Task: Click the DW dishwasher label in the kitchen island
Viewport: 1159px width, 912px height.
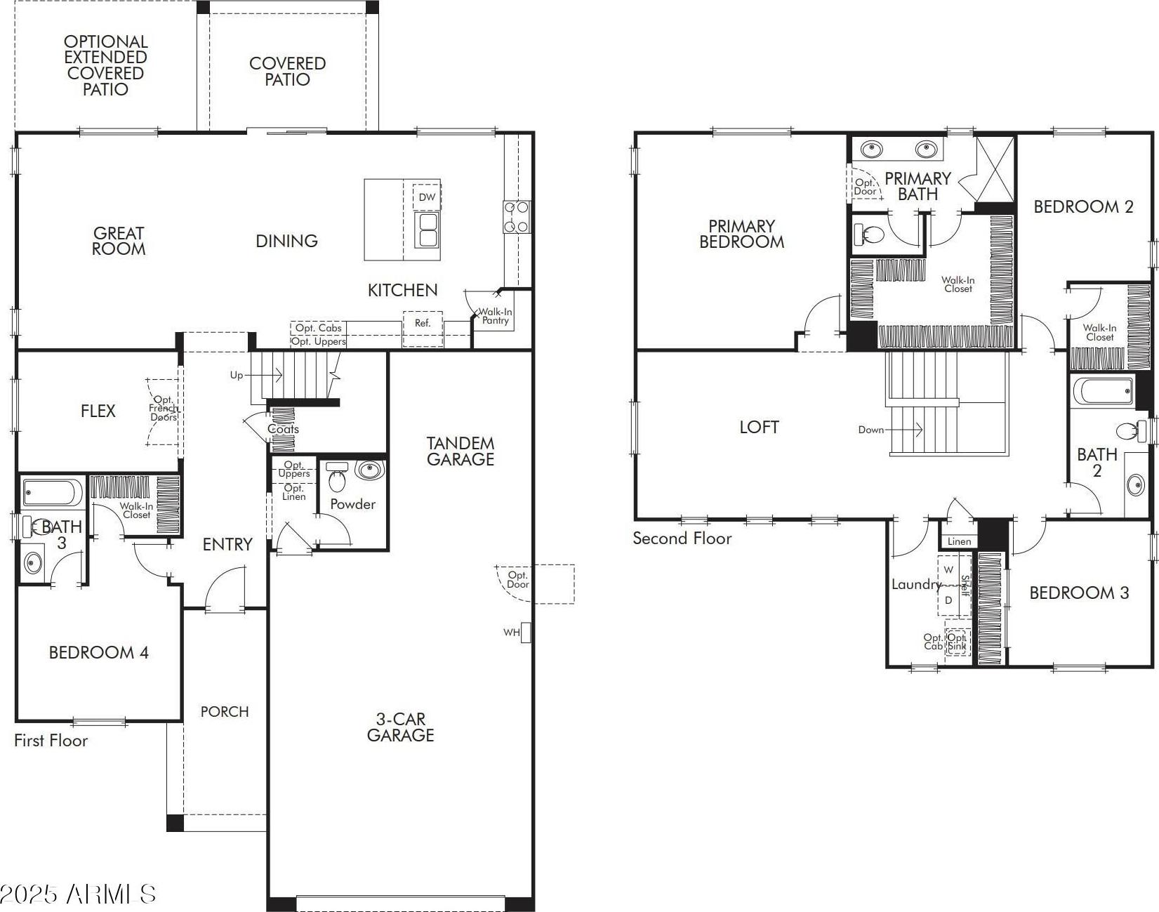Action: [x=428, y=197]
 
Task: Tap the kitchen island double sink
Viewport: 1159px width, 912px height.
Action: [x=428, y=230]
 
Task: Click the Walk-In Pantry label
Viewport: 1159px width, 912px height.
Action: [x=496, y=316]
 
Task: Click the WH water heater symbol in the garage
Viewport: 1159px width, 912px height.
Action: [x=526, y=633]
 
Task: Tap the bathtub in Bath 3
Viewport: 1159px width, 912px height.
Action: [x=53, y=492]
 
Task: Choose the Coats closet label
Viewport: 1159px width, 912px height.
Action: [x=284, y=429]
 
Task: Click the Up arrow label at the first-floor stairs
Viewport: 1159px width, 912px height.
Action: [x=237, y=375]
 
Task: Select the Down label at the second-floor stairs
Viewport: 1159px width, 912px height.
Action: [x=870, y=430]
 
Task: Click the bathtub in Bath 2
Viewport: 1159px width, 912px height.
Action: [x=1103, y=391]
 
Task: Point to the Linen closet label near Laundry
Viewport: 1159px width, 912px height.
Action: [x=959, y=541]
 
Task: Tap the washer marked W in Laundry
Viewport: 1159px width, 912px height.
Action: [x=948, y=570]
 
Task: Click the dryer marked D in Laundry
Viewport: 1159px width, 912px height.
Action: [x=948, y=600]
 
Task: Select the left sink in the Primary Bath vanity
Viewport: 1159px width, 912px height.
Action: [x=872, y=149]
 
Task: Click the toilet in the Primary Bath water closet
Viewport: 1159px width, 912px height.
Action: [x=867, y=234]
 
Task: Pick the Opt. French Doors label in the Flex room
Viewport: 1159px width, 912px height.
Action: [x=164, y=409]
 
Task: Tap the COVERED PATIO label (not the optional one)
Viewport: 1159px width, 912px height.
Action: [x=288, y=71]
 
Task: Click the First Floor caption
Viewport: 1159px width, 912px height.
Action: [x=51, y=740]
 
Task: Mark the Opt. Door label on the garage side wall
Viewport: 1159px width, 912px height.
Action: [x=518, y=579]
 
